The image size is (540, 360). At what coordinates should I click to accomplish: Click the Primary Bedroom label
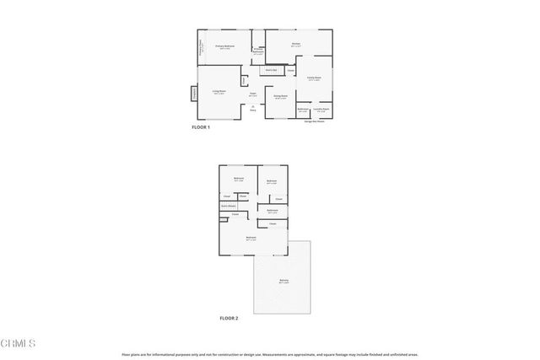click(224, 46)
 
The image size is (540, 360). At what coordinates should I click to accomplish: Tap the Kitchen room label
click(297, 45)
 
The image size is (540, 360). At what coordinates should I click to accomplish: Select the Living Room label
click(219, 92)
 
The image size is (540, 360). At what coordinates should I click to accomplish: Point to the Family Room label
click(314, 79)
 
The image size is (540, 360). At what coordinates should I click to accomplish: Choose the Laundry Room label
click(321, 110)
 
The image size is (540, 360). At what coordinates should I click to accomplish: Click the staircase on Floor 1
click(270, 70)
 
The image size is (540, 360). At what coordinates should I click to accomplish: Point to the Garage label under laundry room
click(315, 121)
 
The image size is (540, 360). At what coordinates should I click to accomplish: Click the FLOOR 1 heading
click(201, 126)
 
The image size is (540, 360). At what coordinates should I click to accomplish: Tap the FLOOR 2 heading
click(229, 319)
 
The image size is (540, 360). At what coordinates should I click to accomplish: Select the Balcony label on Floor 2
click(283, 281)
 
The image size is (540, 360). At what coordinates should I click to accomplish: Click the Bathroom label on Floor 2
click(273, 211)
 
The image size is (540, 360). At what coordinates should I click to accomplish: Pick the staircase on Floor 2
click(229, 206)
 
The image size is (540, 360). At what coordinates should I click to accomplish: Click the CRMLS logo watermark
click(19, 343)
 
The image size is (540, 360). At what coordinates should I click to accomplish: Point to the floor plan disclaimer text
click(269, 355)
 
